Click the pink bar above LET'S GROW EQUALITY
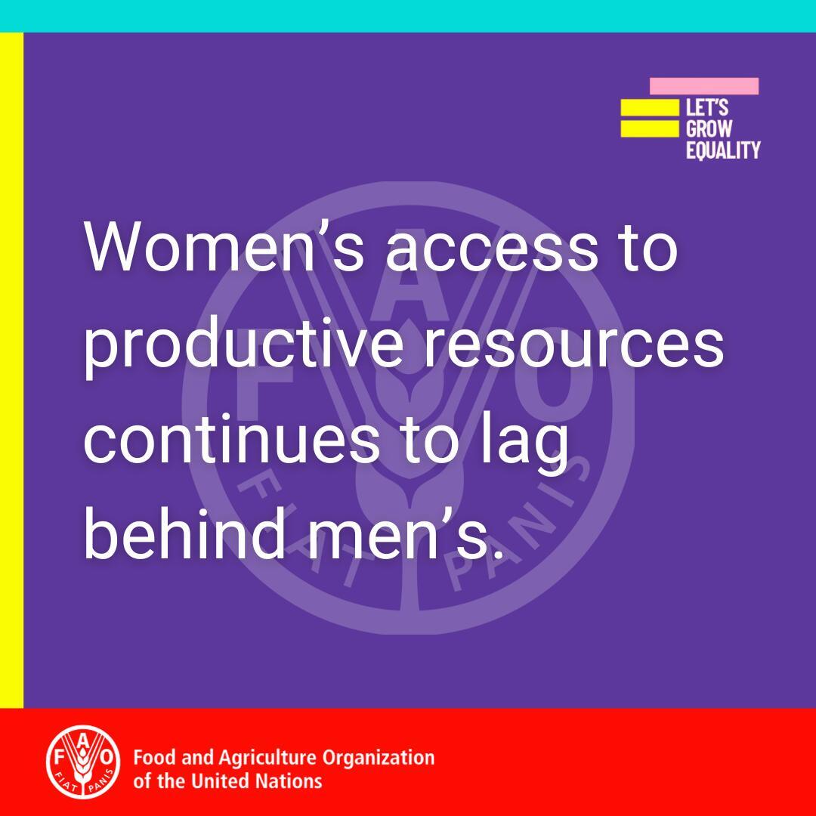pyautogui.click(x=704, y=86)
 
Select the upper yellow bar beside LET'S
pyautogui.click(x=650, y=107)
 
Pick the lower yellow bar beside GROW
pyautogui.click(x=650, y=128)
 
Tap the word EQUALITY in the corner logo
pyautogui.click(x=723, y=150)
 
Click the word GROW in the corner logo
pyautogui.click(x=709, y=128)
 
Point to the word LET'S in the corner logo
pyautogui.click(x=706, y=107)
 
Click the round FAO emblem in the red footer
pyautogui.click(x=83, y=762)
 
